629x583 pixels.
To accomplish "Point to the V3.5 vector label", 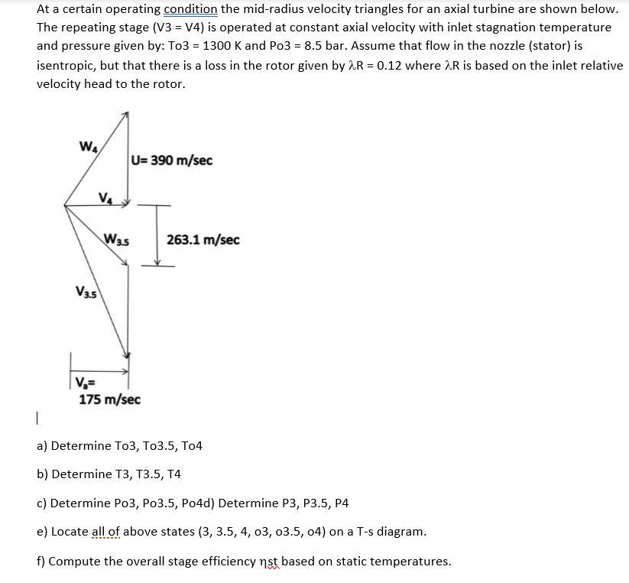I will (x=86, y=291).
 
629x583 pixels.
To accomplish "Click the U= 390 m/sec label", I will (x=172, y=161).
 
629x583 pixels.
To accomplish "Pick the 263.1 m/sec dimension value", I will (x=203, y=240).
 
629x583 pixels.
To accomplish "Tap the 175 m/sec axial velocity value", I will (x=109, y=399).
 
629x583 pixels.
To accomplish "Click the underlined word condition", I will (x=190, y=9).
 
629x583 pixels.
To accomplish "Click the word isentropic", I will (x=64, y=65).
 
